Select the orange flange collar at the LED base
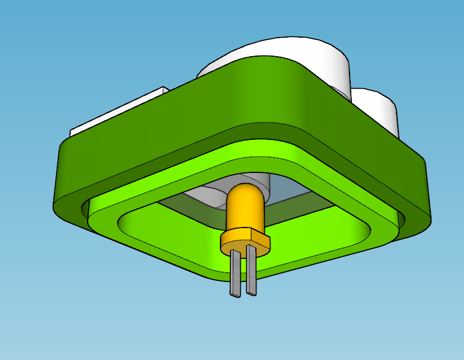(x=245, y=241)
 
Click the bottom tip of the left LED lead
(x=234, y=294)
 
